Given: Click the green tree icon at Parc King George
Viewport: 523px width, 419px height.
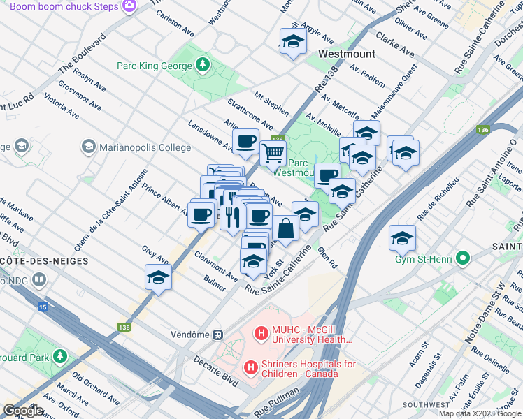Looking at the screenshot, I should click(x=203, y=65).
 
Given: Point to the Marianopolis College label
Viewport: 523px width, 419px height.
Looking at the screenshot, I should click(x=145, y=147).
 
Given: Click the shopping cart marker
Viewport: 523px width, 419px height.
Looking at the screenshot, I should click(x=273, y=152).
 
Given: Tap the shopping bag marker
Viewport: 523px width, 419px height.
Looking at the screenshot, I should click(x=285, y=228).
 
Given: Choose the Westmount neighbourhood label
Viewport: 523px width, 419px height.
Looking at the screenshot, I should click(x=346, y=54).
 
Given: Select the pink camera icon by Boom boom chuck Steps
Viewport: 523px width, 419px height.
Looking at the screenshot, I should click(x=129, y=6).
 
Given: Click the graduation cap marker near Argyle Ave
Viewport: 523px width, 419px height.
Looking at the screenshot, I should click(x=293, y=42).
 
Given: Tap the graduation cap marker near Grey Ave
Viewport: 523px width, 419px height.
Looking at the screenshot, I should click(x=158, y=278).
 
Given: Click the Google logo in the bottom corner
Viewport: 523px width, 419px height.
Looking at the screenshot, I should click(x=23, y=411).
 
